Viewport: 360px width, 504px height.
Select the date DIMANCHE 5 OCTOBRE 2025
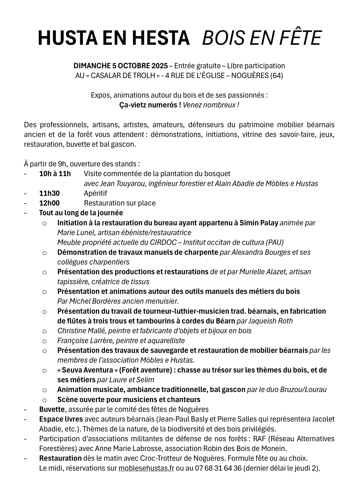121,66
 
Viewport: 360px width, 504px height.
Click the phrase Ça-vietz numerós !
150,105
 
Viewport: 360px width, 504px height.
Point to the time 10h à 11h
55,174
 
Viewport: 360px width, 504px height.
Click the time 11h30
49,193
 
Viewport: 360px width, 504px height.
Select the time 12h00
49,203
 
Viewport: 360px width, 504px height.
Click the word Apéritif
95,193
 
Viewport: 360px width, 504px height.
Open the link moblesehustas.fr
146,468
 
